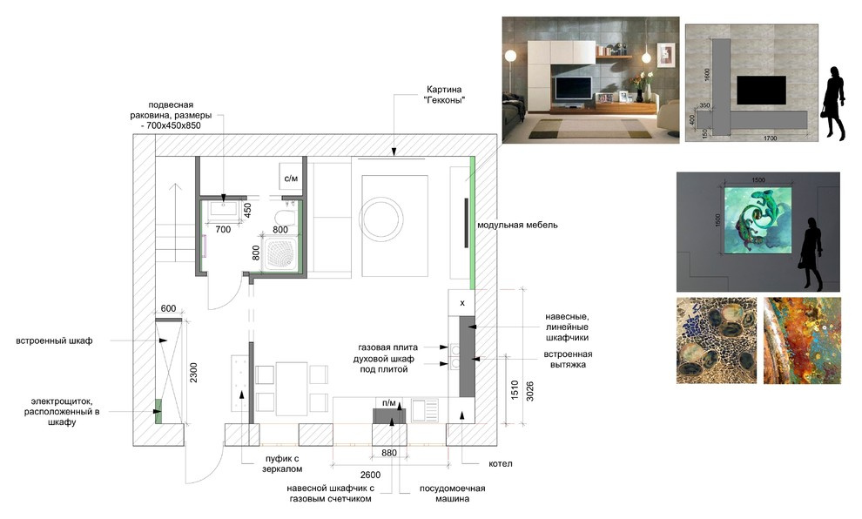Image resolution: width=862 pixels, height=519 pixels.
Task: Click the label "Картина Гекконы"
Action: (x=444, y=95)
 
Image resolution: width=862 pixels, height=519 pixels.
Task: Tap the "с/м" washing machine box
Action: (x=291, y=179)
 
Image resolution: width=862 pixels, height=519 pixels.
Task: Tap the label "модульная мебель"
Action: (x=516, y=225)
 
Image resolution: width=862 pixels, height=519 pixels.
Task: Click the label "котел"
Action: (x=501, y=463)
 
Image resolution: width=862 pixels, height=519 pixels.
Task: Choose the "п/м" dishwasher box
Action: (x=390, y=403)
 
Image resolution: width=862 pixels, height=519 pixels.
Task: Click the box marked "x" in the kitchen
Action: (x=462, y=303)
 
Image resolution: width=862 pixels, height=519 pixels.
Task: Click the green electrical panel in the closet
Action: (x=158, y=410)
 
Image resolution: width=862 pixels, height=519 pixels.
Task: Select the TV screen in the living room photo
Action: (x=575, y=87)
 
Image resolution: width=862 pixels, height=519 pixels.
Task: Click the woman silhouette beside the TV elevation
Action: (x=833, y=102)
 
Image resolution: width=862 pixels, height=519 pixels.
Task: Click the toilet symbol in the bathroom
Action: (x=282, y=218)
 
